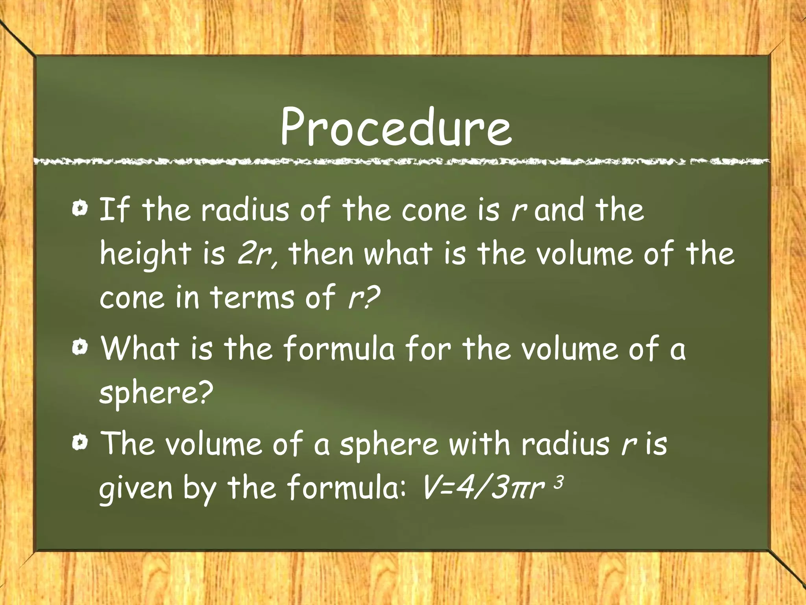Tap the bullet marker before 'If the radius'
pyautogui.click(x=80, y=208)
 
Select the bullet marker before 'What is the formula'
pyautogui.click(x=80, y=347)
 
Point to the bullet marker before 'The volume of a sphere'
pyautogui.click(x=80, y=443)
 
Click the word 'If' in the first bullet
pyautogui.click(x=114, y=210)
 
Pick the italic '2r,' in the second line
pyautogui.click(x=258, y=254)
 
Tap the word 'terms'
pyautogui.click(x=252, y=297)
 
